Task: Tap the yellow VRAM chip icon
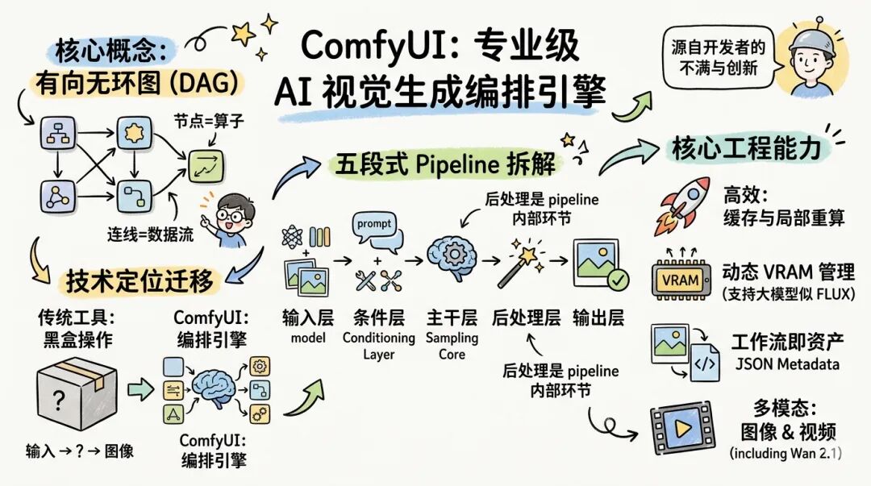680,279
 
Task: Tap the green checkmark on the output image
617,280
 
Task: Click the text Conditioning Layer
378,346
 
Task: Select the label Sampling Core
452,346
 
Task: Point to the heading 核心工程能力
746,148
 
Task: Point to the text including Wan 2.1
786,453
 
